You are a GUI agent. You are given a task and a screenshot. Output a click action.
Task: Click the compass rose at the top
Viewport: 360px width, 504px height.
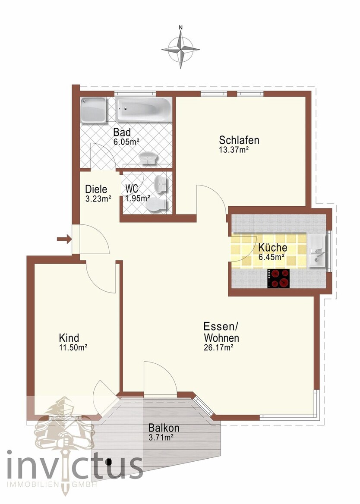(181, 48)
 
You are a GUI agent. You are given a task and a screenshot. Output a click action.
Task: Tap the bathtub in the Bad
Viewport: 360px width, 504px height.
(143, 109)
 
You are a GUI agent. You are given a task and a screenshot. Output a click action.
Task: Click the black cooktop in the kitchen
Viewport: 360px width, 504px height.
(278, 278)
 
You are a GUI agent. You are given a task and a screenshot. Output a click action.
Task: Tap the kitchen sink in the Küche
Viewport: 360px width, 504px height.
(318, 250)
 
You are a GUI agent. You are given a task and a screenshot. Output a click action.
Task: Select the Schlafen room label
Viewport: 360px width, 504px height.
(239, 140)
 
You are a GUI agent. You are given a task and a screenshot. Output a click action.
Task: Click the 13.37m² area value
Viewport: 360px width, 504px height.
(234, 150)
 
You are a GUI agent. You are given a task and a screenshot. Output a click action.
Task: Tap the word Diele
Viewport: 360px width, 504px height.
(96, 189)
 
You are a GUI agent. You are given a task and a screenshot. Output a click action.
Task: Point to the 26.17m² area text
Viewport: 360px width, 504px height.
(218, 347)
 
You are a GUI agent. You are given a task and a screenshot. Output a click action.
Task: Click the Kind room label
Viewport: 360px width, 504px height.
(69, 338)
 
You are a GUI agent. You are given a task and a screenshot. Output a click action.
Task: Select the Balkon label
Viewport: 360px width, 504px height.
(164, 428)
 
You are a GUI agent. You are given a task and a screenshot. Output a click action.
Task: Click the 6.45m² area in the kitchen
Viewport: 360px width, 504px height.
(271, 257)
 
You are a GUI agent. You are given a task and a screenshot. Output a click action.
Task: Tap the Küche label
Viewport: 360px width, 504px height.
(273, 248)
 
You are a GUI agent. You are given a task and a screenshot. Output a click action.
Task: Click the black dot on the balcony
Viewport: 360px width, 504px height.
(110, 462)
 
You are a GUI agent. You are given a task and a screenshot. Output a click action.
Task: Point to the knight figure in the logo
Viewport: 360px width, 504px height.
(60, 432)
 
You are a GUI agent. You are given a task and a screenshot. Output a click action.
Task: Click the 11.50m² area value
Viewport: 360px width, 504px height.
(73, 347)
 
